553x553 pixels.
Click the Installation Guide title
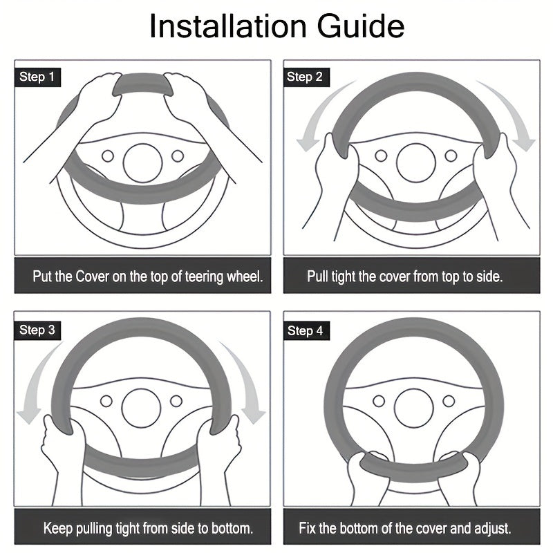pos(276,26)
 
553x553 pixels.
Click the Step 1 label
pos(37,77)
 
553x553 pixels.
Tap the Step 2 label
pos(306,77)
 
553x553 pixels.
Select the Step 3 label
pos(37,330)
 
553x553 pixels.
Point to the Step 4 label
pos(306,331)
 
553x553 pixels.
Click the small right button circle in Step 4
pos(449,401)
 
